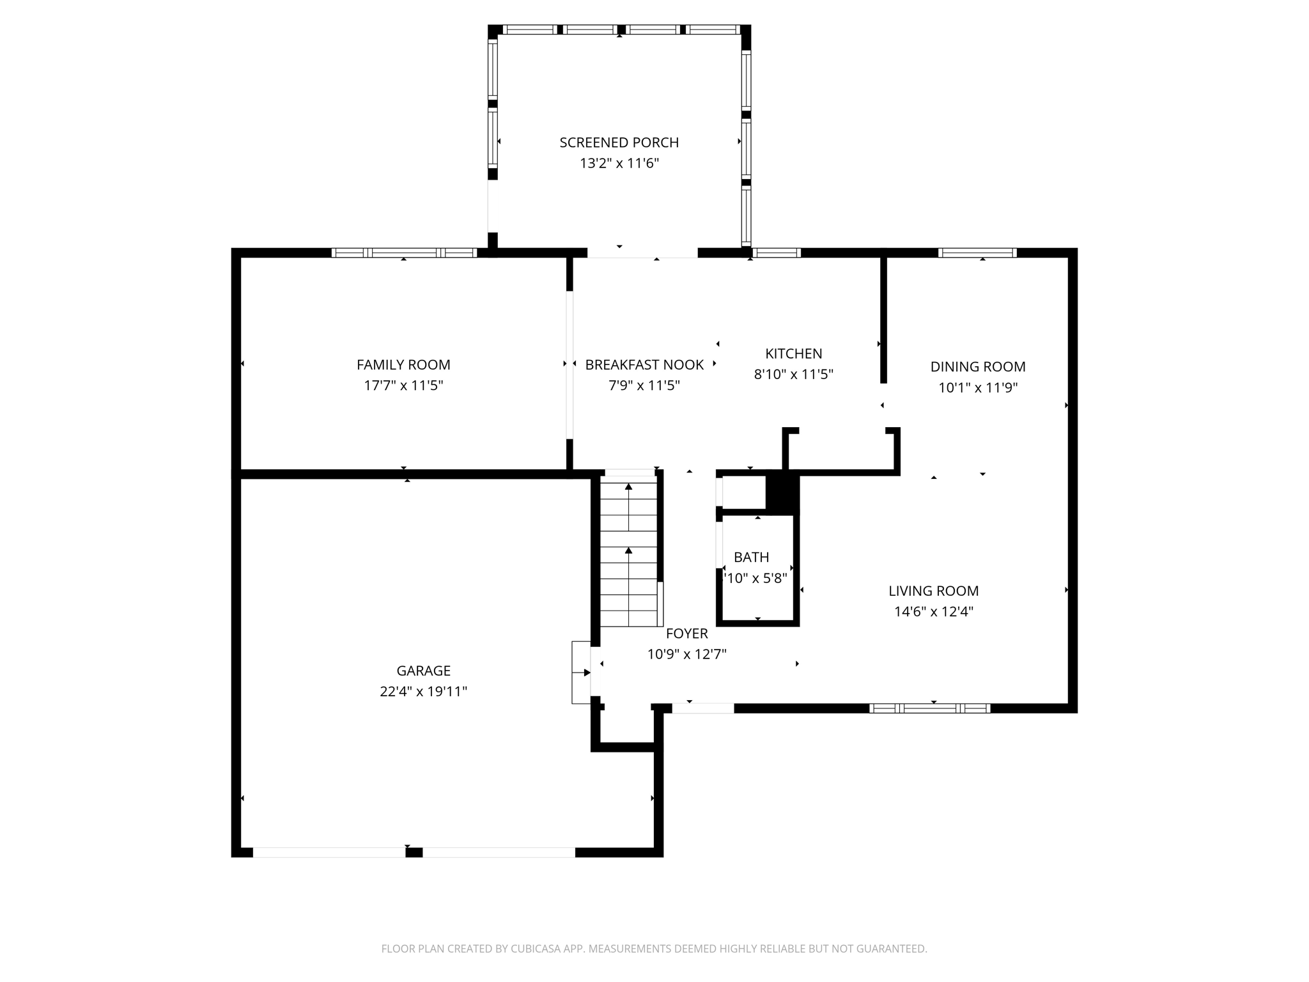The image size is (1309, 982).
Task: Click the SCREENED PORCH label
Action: click(x=619, y=143)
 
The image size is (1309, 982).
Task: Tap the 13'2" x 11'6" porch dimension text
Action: click(x=619, y=163)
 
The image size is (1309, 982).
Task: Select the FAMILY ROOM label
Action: click(x=403, y=364)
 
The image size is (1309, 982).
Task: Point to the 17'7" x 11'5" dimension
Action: click(x=403, y=386)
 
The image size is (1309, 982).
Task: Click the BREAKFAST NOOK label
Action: click(x=644, y=364)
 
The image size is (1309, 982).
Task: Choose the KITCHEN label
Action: click(x=793, y=354)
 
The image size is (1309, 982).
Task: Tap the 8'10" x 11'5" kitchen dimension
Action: click(x=793, y=374)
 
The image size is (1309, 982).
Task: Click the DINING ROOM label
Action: click(x=977, y=366)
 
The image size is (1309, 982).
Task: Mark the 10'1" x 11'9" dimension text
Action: click(x=977, y=387)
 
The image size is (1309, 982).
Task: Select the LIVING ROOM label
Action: click(x=933, y=591)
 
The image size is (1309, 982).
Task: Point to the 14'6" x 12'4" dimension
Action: click(x=933, y=611)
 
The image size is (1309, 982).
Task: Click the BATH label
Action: click(x=751, y=557)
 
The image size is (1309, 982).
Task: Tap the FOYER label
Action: click(x=686, y=633)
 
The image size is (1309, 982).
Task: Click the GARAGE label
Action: click(x=423, y=671)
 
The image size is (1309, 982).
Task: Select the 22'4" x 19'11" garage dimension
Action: click(x=423, y=691)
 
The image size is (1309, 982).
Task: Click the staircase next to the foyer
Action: click(x=628, y=553)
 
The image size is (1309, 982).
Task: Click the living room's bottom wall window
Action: click(x=929, y=708)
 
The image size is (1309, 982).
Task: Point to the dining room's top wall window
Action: click(x=977, y=253)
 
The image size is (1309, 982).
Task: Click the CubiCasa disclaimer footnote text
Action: click(x=654, y=949)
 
